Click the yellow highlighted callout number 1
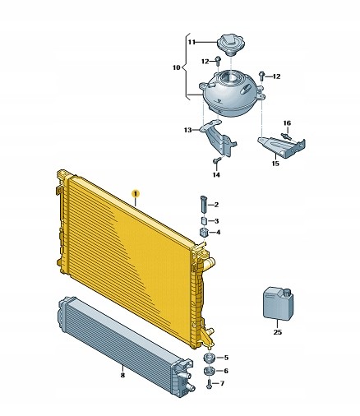(x=136, y=194)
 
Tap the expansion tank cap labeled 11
(x=231, y=44)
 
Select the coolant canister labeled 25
(x=278, y=303)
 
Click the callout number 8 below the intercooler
(x=122, y=375)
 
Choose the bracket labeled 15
(x=282, y=147)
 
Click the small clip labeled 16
(x=286, y=136)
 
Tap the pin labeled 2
(x=204, y=204)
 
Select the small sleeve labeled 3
(x=204, y=221)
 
